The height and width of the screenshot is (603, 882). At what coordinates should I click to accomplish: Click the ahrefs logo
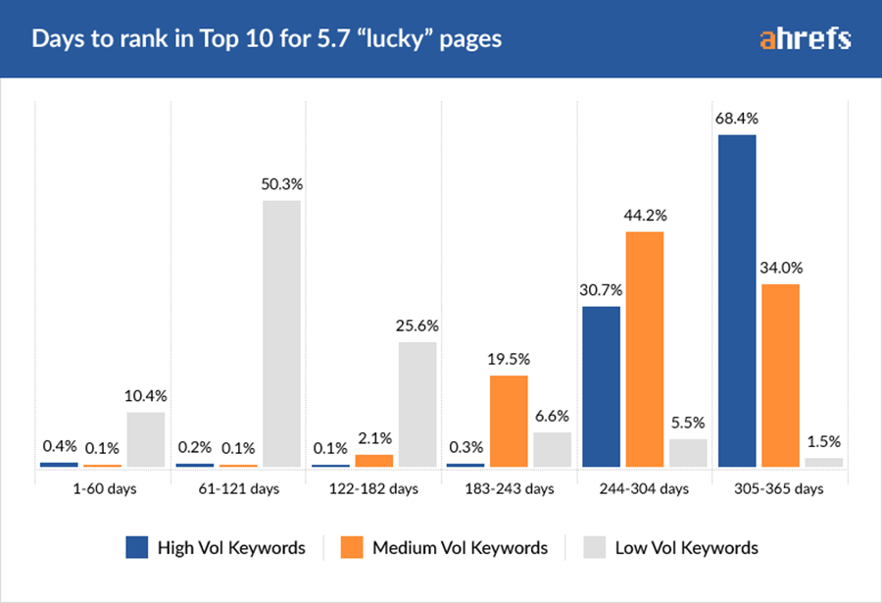[x=805, y=39]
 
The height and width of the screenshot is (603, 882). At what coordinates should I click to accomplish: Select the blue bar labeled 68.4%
[x=737, y=300]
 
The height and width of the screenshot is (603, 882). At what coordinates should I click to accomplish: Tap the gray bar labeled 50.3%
[x=281, y=333]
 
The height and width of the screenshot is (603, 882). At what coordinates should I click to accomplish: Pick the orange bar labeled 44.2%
[x=645, y=349]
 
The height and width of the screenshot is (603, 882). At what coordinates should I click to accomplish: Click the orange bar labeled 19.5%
[x=509, y=421]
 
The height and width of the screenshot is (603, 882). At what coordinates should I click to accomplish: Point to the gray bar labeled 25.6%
[x=417, y=404]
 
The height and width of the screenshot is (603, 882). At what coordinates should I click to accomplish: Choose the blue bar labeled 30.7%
[x=602, y=386]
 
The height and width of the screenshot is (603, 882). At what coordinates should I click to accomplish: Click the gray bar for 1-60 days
[x=146, y=439]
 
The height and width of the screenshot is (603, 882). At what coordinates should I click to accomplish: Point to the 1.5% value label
[x=824, y=442]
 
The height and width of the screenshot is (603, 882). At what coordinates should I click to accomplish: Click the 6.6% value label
[x=552, y=417]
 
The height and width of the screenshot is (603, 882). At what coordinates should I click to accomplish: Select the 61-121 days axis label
[x=238, y=488]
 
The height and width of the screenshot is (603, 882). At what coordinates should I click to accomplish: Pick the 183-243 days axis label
[x=509, y=488]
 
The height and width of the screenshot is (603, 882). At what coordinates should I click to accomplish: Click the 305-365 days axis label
[x=780, y=488]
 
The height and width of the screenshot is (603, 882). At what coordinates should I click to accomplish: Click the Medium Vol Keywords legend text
[x=460, y=548]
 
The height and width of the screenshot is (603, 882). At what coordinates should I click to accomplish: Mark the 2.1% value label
[x=373, y=438]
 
